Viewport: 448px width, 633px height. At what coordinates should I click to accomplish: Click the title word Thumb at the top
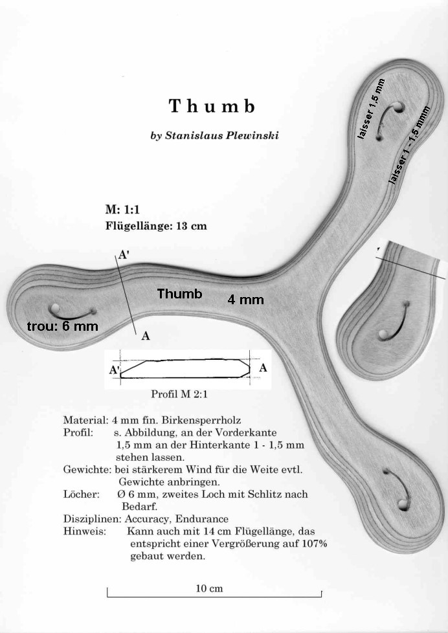click(212, 105)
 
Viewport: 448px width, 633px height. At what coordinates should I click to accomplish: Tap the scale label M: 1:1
click(122, 209)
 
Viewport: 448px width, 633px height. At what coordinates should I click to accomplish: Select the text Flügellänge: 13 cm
click(156, 225)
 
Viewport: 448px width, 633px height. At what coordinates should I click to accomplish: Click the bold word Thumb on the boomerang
click(180, 293)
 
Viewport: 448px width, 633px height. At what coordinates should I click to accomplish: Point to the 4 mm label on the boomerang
click(245, 300)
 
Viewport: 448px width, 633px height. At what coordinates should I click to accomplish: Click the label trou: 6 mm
click(63, 326)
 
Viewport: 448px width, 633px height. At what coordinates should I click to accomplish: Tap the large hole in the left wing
click(54, 309)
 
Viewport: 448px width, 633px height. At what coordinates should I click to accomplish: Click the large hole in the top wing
click(398, 108)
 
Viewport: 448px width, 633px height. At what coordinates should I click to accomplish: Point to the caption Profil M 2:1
click(179, 394)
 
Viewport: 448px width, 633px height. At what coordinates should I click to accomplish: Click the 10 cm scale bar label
click(209, 588)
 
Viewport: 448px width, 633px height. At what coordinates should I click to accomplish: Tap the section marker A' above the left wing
click(123, 256)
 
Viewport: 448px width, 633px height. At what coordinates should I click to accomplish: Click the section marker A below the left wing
click(146, 336)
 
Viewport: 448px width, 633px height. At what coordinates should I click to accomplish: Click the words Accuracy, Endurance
click(176, 518)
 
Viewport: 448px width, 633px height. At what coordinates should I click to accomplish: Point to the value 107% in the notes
click(314, 544)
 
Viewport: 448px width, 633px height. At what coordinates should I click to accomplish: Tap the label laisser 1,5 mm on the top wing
click(372, 109)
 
